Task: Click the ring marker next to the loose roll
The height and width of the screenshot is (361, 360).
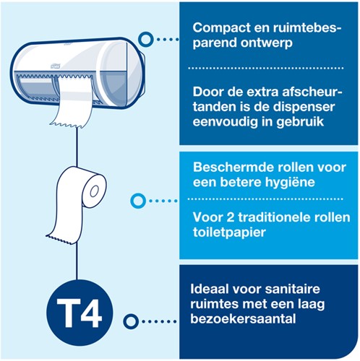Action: [135, 200]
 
